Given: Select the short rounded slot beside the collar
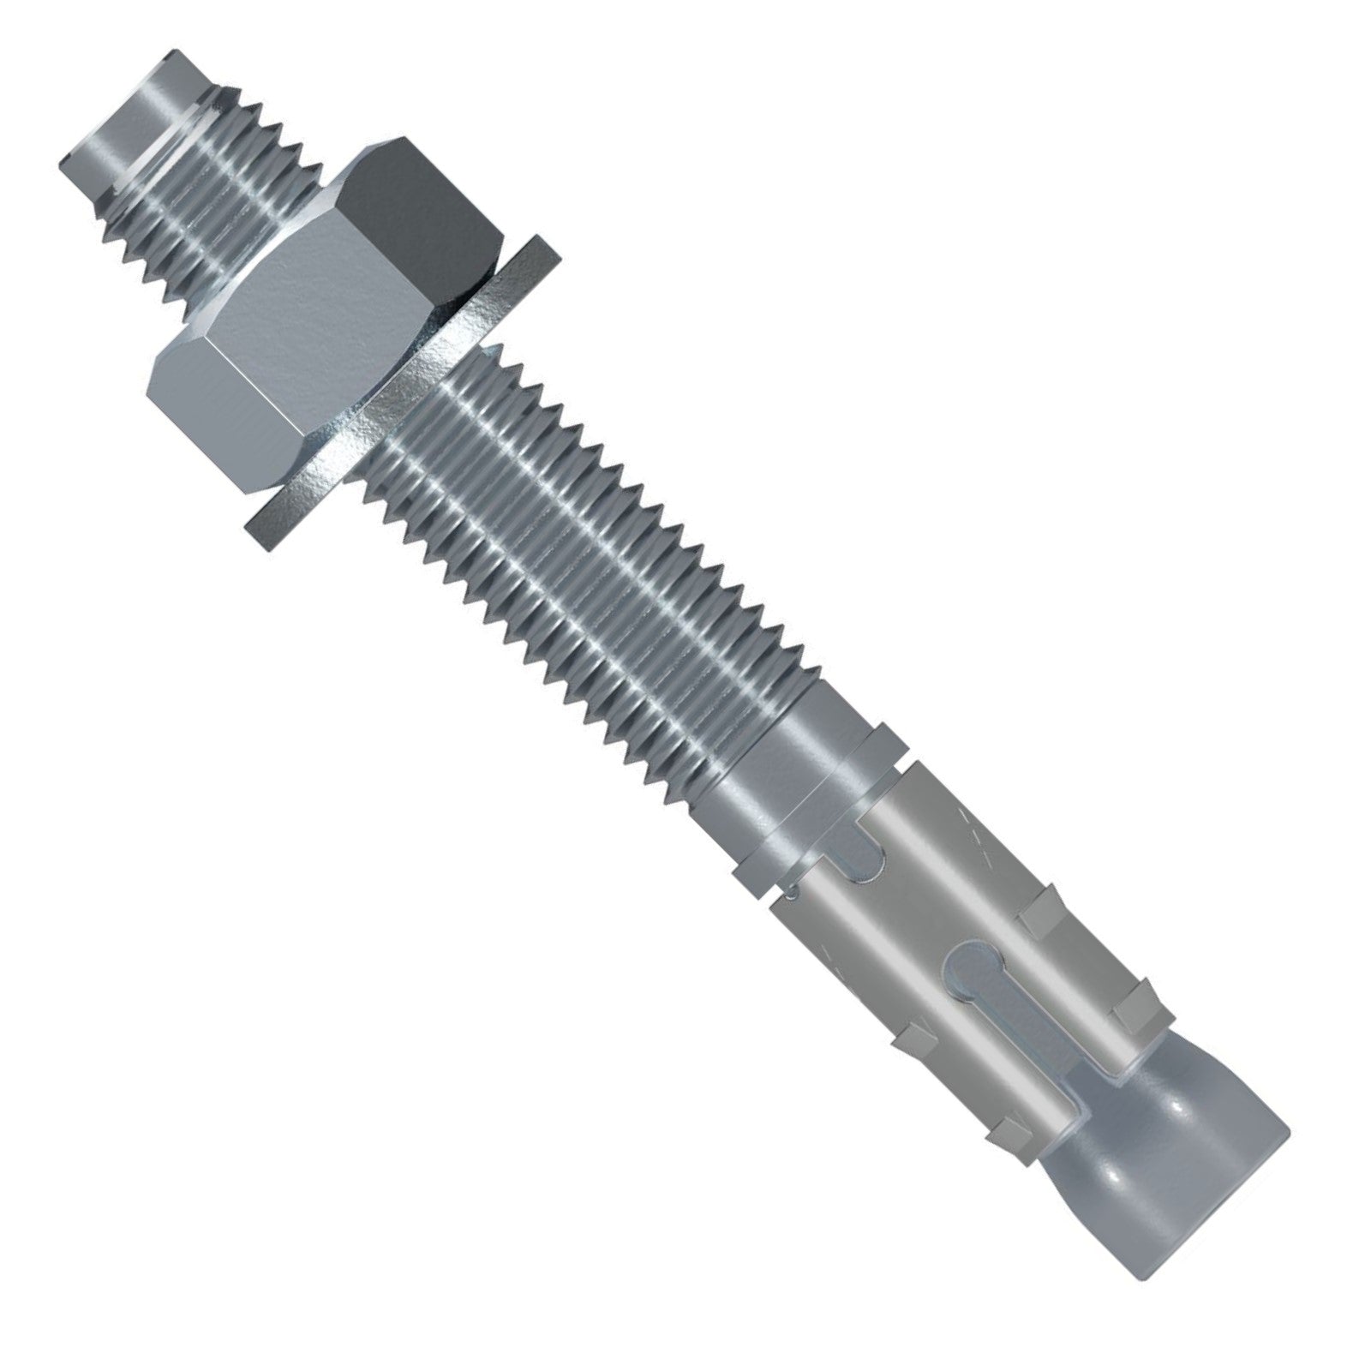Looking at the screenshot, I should tap(874, 848).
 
